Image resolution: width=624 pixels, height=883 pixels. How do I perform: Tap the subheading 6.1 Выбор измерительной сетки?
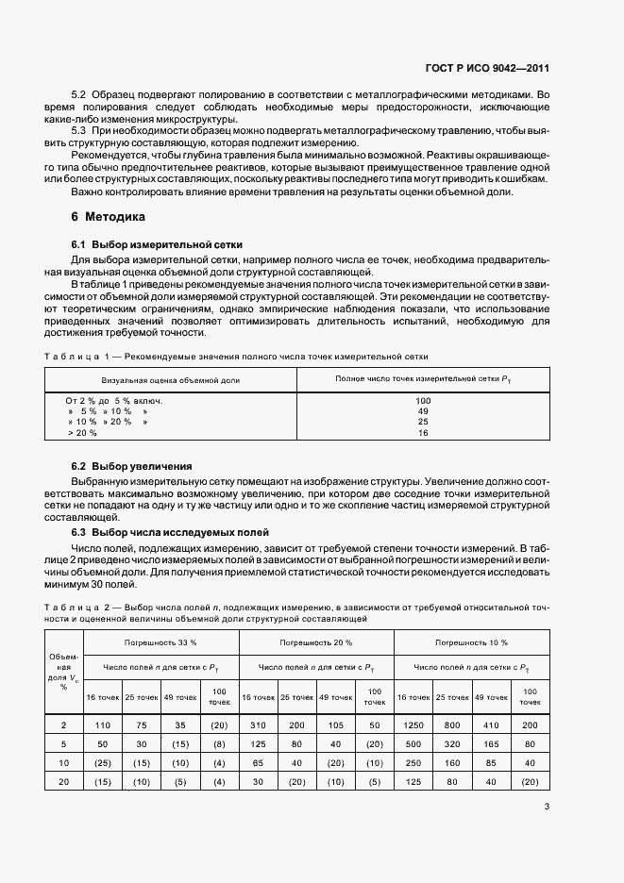point(146,244)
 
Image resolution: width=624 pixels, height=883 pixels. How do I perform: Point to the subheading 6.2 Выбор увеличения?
point(132,466)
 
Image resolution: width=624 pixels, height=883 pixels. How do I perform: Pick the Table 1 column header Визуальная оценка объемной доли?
point(171,379)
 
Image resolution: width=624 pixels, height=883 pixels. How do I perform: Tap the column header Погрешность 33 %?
point(160,641)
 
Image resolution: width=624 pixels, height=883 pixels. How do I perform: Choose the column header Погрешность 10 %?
point(471,641)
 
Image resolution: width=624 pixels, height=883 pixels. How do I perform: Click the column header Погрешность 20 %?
point(316,641)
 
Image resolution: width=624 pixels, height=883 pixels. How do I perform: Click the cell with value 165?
point(491,742)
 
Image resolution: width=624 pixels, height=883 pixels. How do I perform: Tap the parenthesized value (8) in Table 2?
point(219,742)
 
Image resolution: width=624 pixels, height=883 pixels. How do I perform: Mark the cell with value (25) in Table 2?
point(102,762)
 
